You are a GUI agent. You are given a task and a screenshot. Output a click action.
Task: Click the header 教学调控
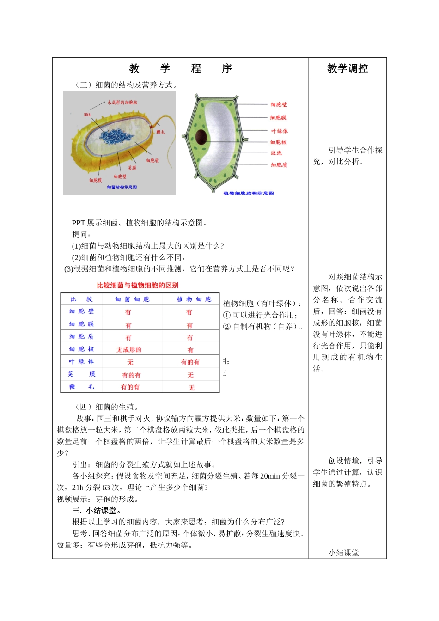[x=348, y=69]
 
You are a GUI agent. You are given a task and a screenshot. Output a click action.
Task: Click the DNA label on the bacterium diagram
[x=87, y=115]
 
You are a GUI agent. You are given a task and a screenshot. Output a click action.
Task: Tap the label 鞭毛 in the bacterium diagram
[x=160, y=132]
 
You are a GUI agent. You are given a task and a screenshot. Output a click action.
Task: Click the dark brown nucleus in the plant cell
[x=201, y=137]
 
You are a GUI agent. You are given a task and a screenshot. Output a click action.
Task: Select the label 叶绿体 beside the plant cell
[x=279, y=131]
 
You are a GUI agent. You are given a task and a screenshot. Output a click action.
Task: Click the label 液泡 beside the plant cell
[x=276, y=153]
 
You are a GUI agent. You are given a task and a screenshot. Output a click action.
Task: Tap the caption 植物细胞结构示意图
[x=248, y=193]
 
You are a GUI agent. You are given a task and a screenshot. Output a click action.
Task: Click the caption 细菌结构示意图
[x=122, y=187]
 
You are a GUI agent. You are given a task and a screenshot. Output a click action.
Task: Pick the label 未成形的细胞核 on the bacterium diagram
[x=122, y=103]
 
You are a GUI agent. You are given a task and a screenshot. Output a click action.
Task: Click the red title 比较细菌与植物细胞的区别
[x=137, y=286]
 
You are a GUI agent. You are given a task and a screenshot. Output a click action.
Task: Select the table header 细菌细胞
[x=132, y=299]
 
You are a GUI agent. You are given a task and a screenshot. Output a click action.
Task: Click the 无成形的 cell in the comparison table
[x=129, y=350]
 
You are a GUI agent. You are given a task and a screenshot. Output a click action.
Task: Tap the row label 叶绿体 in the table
[x=81, y=362]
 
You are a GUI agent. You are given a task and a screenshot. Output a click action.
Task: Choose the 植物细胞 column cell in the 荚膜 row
[x=190, y=375]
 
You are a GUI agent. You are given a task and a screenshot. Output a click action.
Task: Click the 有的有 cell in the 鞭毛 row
[x=130, y=387]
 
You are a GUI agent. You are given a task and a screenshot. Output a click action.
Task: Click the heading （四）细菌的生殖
[x=106, y=407]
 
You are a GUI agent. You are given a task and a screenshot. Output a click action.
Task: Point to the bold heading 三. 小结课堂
[x=97, y=511]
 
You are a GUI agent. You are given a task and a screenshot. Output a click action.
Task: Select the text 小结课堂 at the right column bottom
[x=344, y=553]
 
